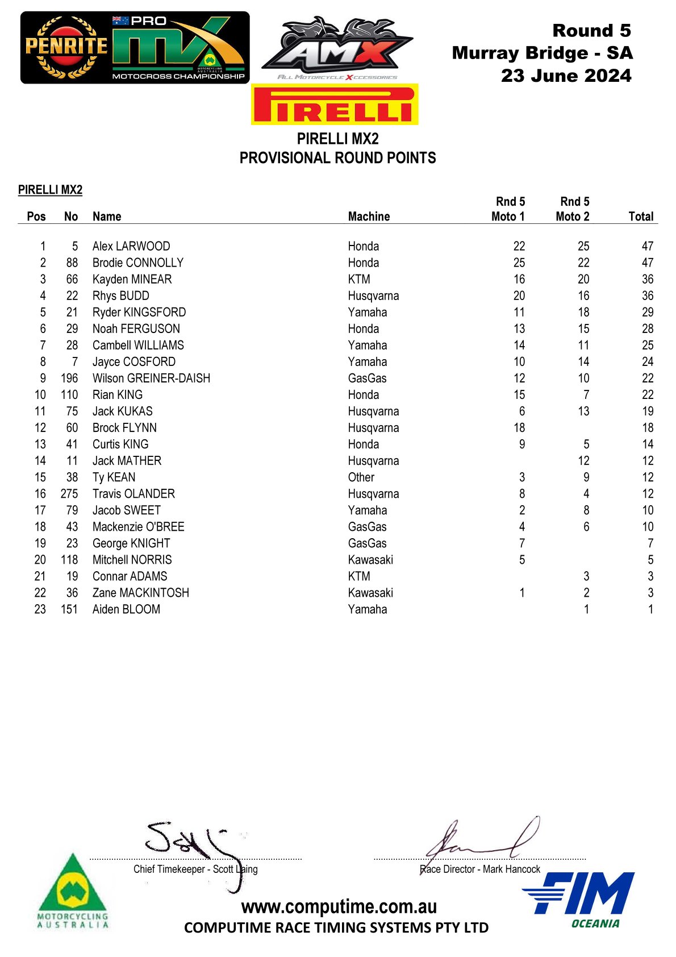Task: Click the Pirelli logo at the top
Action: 335,105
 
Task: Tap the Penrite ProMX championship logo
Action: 135,48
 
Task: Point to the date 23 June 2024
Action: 566,76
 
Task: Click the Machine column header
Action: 369,217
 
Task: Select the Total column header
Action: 641,217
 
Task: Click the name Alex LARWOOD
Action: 131,246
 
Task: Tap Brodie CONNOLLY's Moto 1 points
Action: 519,263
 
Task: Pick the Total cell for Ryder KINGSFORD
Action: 647,312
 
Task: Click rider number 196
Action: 69,378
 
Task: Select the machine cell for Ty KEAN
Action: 361,477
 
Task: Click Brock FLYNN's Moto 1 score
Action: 519,428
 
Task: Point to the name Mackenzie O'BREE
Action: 138,527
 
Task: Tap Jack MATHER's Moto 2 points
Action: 583,461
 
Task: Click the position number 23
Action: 40,609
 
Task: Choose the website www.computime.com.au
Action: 339,906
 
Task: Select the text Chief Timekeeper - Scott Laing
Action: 195,869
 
